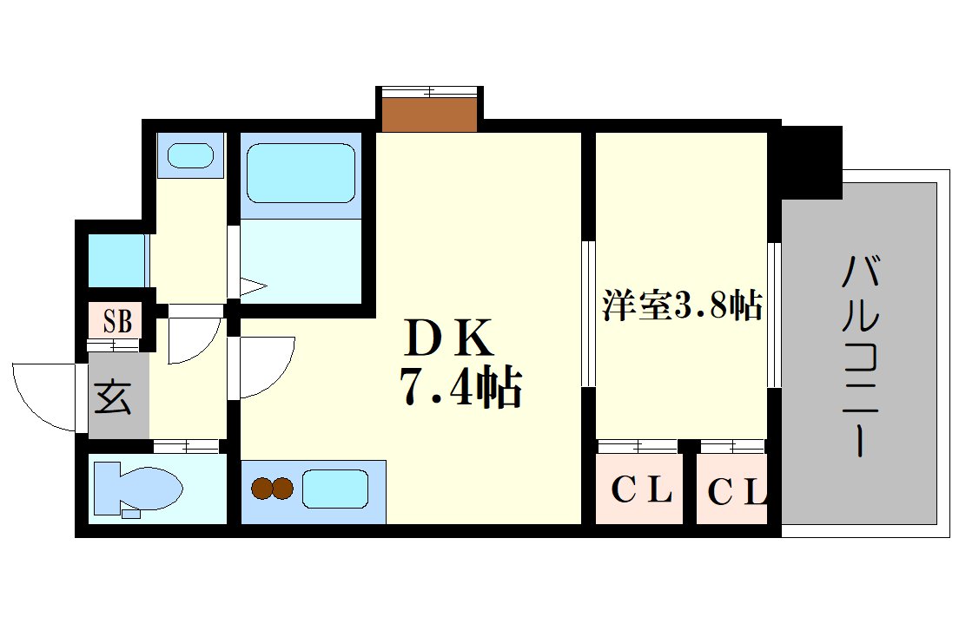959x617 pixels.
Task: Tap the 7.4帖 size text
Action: tap(460, 389)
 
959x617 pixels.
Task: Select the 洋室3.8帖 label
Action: tap(682, 306)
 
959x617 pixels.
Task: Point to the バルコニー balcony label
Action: tap(860, 356)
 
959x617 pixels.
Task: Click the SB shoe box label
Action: tap(118, 322)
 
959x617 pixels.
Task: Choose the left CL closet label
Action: tap(641, 492)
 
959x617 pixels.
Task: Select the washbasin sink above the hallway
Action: tap(190, 156)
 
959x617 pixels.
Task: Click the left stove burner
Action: tap(261, 489)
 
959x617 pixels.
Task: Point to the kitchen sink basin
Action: tap(335, 489)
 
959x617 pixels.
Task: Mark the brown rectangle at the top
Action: tap(430, 114)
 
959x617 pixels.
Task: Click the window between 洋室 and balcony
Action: tap(773, 315)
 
